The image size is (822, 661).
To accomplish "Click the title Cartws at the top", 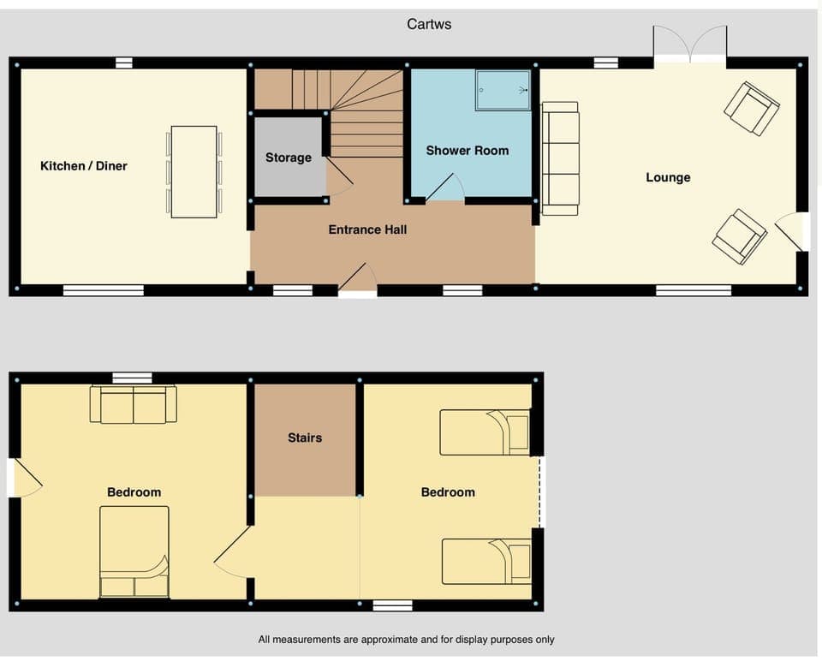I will (x=429, y=24).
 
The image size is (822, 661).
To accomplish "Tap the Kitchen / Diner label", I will (x=84, y=165).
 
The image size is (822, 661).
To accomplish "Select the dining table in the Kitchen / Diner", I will (x=194, y=171).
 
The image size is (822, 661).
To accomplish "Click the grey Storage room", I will (x=289, y=158).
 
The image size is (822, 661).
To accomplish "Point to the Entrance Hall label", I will (x=367, y=229).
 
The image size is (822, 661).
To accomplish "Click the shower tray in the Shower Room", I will (x=503, y=89).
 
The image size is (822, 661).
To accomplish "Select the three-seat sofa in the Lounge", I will (x=561, y=158).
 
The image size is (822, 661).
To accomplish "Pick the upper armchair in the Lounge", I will (x=752, y=108).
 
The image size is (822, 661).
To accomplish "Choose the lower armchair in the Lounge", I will (x=740, y=236).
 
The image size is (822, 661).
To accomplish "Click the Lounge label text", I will (x=668, y=177).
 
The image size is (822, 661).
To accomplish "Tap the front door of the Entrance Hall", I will (x=359, y=281).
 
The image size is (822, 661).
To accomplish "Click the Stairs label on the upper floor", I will (x=305, y=438).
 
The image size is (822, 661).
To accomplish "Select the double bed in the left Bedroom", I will (x=134, y=551).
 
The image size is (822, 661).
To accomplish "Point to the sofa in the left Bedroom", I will (x=134, y=404).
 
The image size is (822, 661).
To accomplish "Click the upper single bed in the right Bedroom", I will (x=485, y=432).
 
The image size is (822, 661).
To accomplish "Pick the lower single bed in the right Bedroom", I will (x=485, y=560).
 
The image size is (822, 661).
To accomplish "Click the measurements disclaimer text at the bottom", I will (x=406, y=640).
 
